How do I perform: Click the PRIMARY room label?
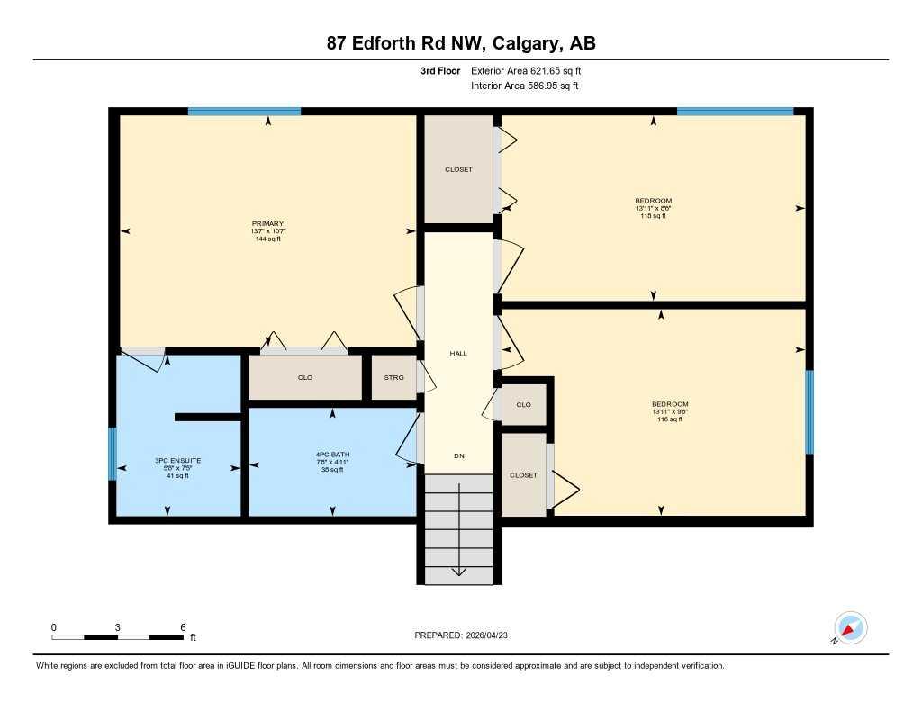(268, 223)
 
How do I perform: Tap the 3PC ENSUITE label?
(177, 460)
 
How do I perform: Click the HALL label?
(458, 354)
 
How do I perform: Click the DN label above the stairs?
(458, 456)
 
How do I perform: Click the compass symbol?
(850, 628)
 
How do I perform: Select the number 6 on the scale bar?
(183, 627)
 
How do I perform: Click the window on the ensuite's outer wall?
(113, 454)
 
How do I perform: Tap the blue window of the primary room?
(244, 112)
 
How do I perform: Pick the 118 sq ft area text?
(653, 216)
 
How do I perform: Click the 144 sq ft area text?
(268, 239)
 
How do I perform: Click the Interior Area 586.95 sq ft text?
(524, 86)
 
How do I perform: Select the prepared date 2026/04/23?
(493, 635)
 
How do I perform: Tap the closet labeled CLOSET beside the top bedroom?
(458, 169)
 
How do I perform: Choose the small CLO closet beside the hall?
(523, 405)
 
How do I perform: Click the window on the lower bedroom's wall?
(809, 412)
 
